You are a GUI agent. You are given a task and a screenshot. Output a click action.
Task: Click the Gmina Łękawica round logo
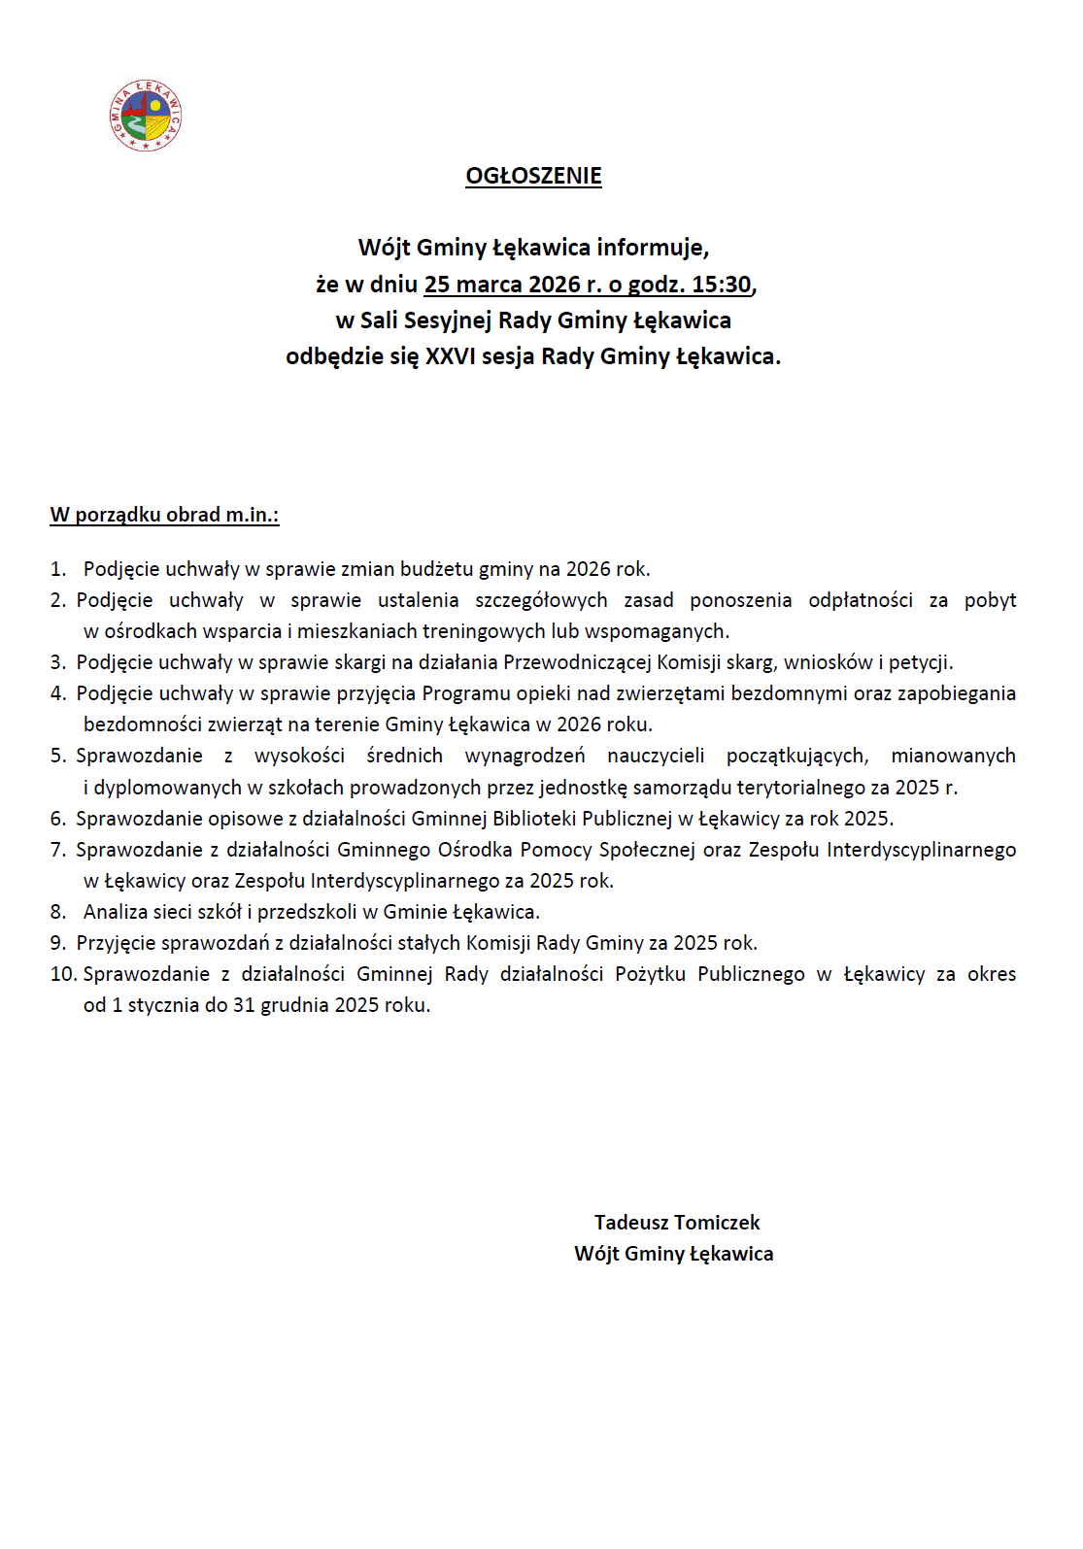coord(146,116)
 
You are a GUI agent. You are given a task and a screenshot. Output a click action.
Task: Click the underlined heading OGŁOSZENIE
coord(533,176)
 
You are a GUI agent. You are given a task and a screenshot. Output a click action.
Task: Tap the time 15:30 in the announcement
coord(722,285)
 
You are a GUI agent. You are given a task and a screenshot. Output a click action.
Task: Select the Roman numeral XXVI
coord(451,356)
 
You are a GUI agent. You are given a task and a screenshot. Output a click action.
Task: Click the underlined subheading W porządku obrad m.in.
coord(164,515)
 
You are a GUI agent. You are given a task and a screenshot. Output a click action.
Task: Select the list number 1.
coord(57,569)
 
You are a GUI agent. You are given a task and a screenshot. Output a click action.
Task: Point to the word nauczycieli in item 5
coord(656,756)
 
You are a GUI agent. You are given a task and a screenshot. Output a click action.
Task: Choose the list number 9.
coord(57,943)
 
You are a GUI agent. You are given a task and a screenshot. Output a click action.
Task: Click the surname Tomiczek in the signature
coord(717,1223)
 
